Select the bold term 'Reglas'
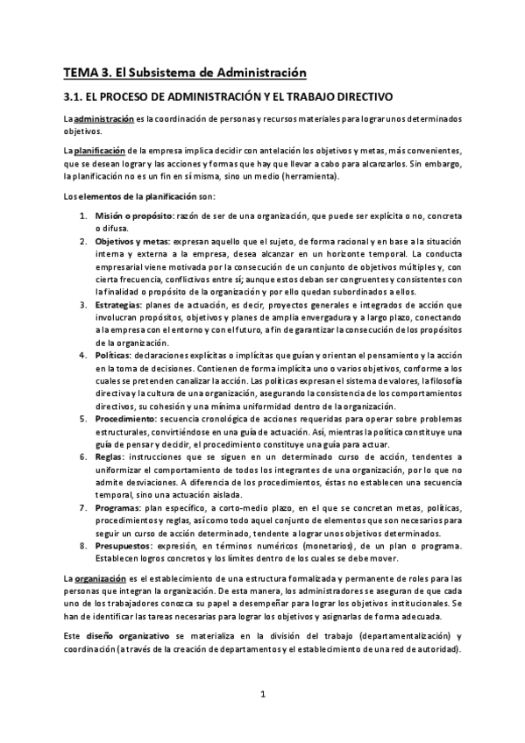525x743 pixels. pyautogui.click(x=109, y=457)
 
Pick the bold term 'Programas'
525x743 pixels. pyautogui.click(x=118, y=508)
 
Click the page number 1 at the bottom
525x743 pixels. pyautogui.click(x=263, y=696)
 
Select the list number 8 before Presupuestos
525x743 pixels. pyautogui.click(x=82, y=546)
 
